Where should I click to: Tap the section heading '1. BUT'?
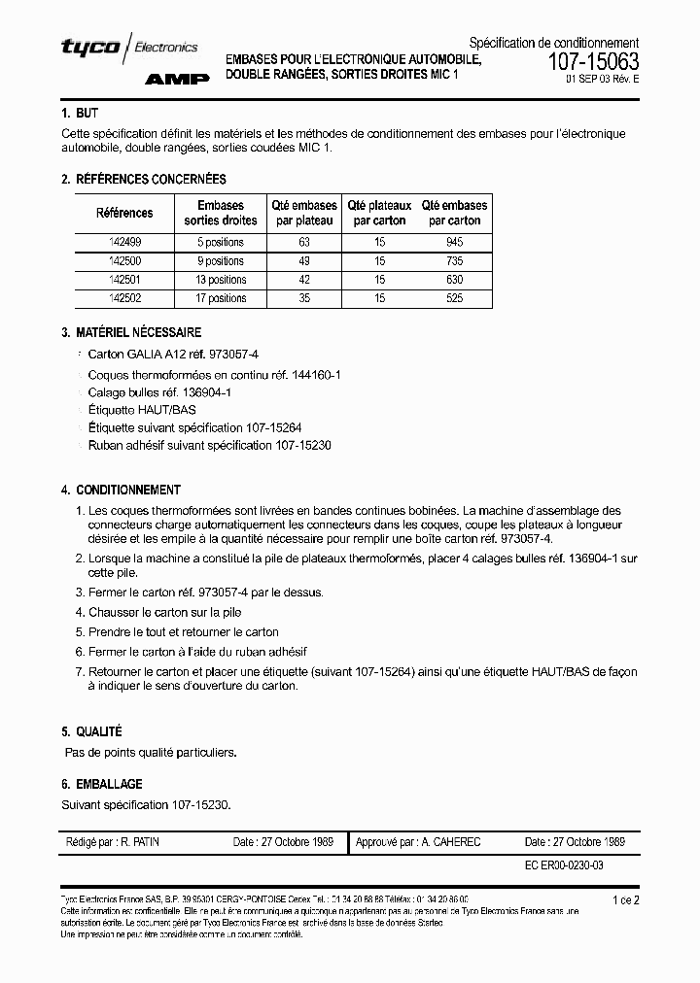tap(80, 114)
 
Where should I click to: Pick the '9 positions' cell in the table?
tap(221, 261)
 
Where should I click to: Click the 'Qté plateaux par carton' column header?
tap(379, 213)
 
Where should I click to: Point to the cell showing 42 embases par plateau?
tap(304, 280)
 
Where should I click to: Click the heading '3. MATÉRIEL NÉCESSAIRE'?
tap(131, 332)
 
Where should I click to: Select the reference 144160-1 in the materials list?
tap(313, 374)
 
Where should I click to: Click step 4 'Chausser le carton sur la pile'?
tap(164, 612)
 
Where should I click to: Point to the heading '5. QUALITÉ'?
tap(91, 731)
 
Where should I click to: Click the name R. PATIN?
tap(139, 842)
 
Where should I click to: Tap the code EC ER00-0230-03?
tap(564, 864)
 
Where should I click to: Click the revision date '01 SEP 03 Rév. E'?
tap(603, 83)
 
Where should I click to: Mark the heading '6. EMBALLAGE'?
tap(101, 784)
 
